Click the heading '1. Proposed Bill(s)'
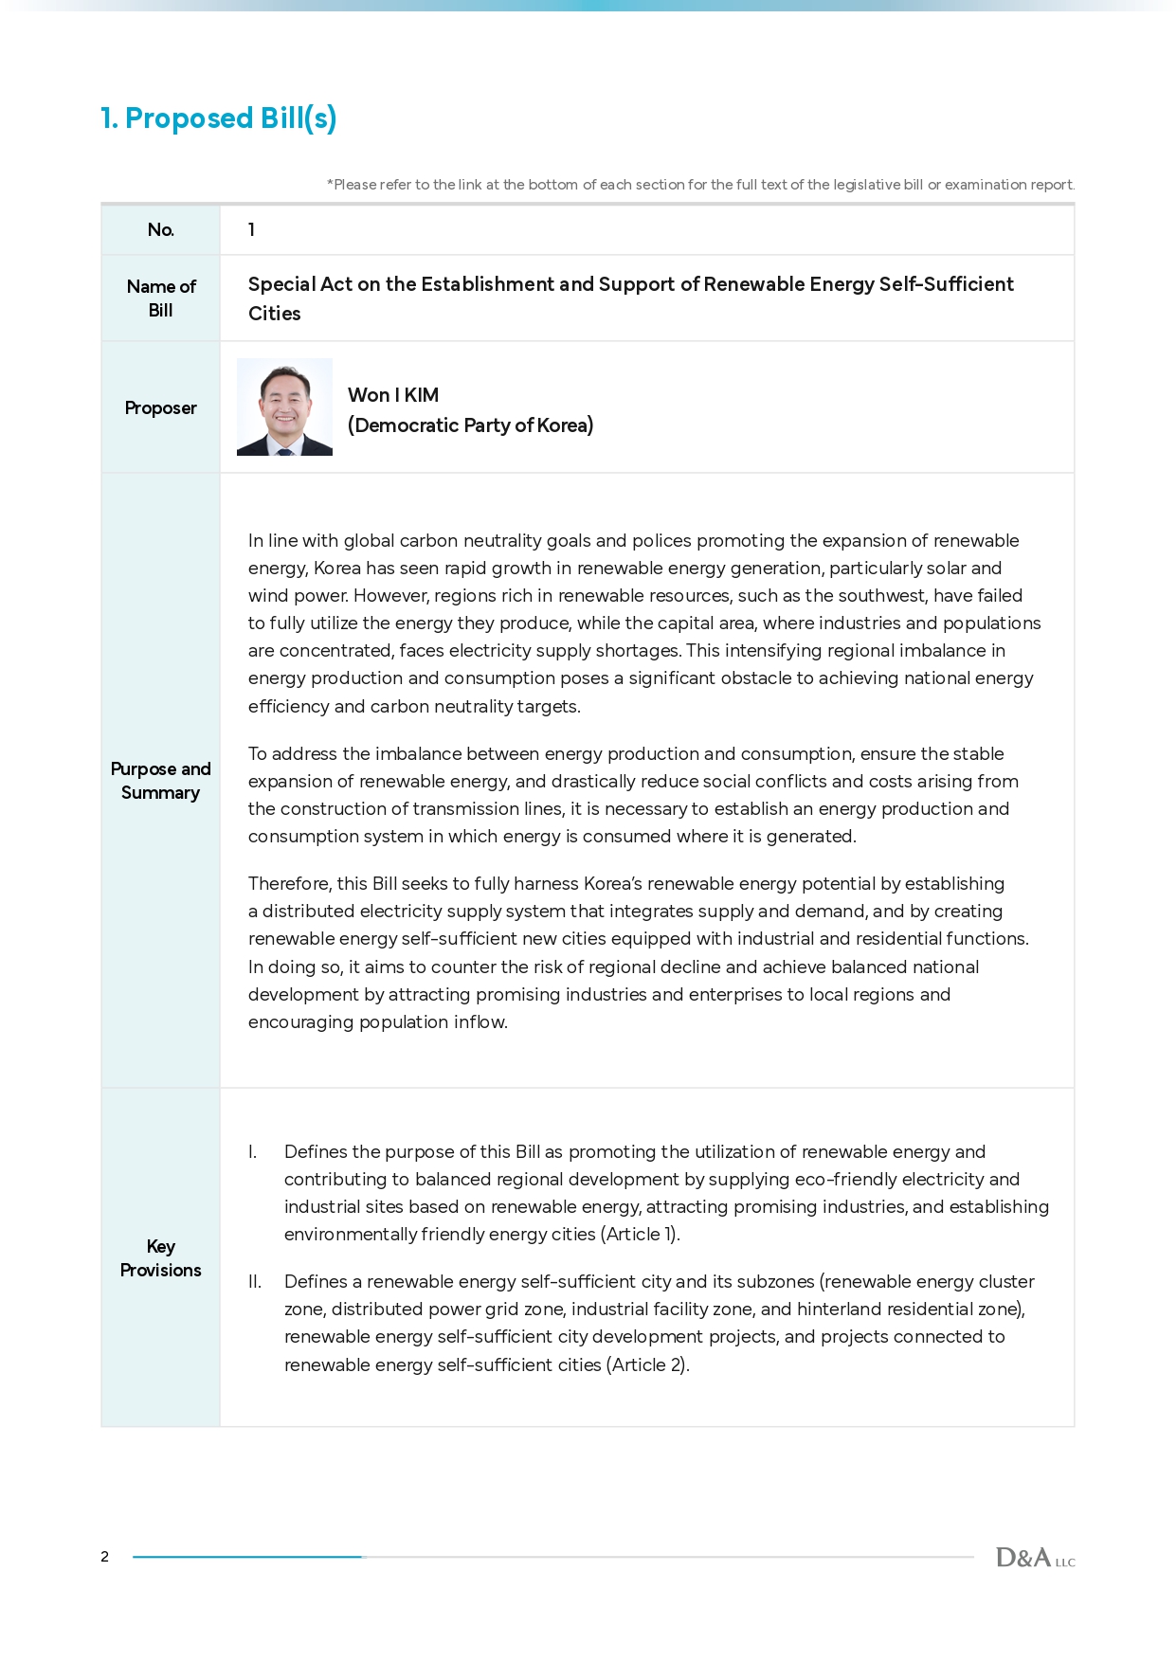(x=218, y=118)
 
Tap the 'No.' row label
(x=160, y=230)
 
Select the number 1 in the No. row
(x=251, y=230)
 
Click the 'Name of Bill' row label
(x=160, y=298)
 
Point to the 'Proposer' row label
(x=160, y=408)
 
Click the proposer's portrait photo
(x=284, y=407)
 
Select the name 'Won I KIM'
(x=392, y=395)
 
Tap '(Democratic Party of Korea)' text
(x=470, y=425)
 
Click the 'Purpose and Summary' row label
(x=160, y=781)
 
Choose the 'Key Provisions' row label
(x=160, y=1258)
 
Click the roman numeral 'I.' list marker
(x=252, y=1152)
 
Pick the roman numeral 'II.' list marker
(x=254, y=1282)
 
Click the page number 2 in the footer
(x=104, y=1557)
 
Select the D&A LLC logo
(x=1035, y=1558)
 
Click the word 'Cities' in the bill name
(x=274, y=314)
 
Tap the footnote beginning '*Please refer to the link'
(x=700, y=185)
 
